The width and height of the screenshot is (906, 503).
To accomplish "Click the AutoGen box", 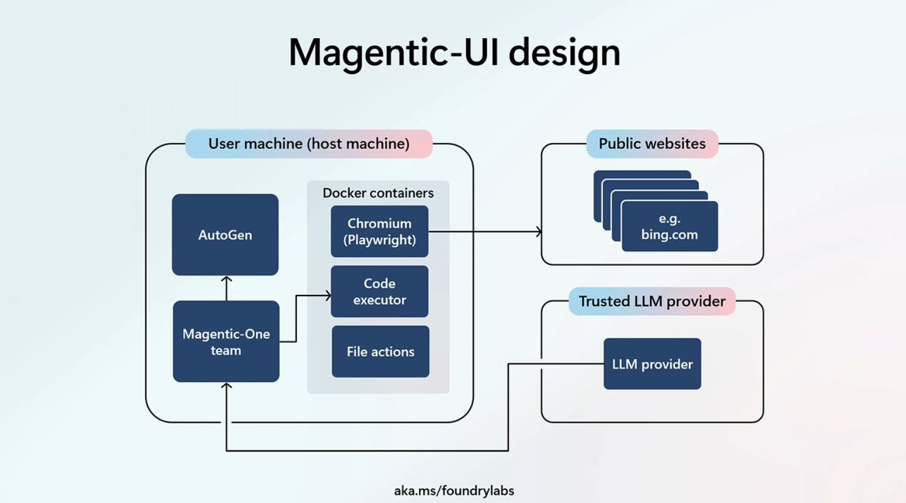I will pyautogui.click(x=225, y=235).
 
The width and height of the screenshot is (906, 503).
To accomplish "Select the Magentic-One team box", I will pyautogui.click(x=226, y=342).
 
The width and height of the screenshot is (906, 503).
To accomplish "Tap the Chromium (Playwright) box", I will pyautogui.click(x=380, y=231).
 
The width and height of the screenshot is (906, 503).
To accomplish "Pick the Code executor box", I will pyautogui.click(x=380, y=291).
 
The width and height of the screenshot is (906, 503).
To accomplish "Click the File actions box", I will pyautogui.click(x=380, y=352).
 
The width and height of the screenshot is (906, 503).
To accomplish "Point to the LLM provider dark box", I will pyautogui.click(x=652, y=364).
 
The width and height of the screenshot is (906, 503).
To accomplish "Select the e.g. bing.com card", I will pyautogui.click(x=670, y=227).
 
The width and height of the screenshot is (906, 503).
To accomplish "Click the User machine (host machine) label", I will pyautogui.click(x=309, y=144).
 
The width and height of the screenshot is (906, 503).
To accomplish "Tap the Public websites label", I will pyautogui.click(x=652, y=144).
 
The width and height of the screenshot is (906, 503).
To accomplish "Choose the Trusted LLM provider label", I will pyautogui.click(x=652, y=301).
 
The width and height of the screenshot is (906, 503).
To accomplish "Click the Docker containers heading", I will pyautogui.click(x=378, y=193).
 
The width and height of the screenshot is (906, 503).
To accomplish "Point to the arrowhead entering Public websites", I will pyautogui.click(x=539, y=232).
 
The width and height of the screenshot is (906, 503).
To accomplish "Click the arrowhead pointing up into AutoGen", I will pyautogui.click(x=226, y=279).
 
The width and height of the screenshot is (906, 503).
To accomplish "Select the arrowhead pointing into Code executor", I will pyautogui.click(x=328, y=295).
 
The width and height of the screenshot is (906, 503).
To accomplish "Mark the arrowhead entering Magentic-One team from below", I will pyautogui.click(x=226, y=386).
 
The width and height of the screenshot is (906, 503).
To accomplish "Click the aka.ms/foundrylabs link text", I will pyautogui.click(x=454, y=491).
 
